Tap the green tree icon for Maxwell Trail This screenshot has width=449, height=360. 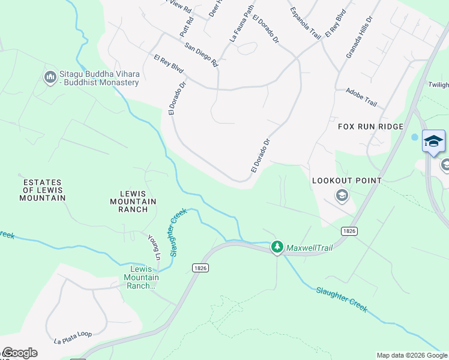coord(277,247)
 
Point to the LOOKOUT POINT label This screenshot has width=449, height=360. coord(347,180)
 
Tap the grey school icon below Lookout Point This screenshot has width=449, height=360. coord(342,196)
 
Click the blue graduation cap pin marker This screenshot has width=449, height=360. coord(433,142)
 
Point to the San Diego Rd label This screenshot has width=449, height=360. coord(201,55)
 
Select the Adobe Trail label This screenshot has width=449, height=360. coord(361,98)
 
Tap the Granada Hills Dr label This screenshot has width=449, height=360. coord(359,37)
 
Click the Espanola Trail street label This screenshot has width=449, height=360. coord(306,21)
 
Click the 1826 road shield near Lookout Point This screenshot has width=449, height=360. coord(349,230)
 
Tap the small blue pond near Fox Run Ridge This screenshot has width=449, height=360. coord(415,137)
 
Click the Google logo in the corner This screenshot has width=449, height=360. coord(20,353)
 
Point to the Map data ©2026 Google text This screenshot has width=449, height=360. coord(411,355)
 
